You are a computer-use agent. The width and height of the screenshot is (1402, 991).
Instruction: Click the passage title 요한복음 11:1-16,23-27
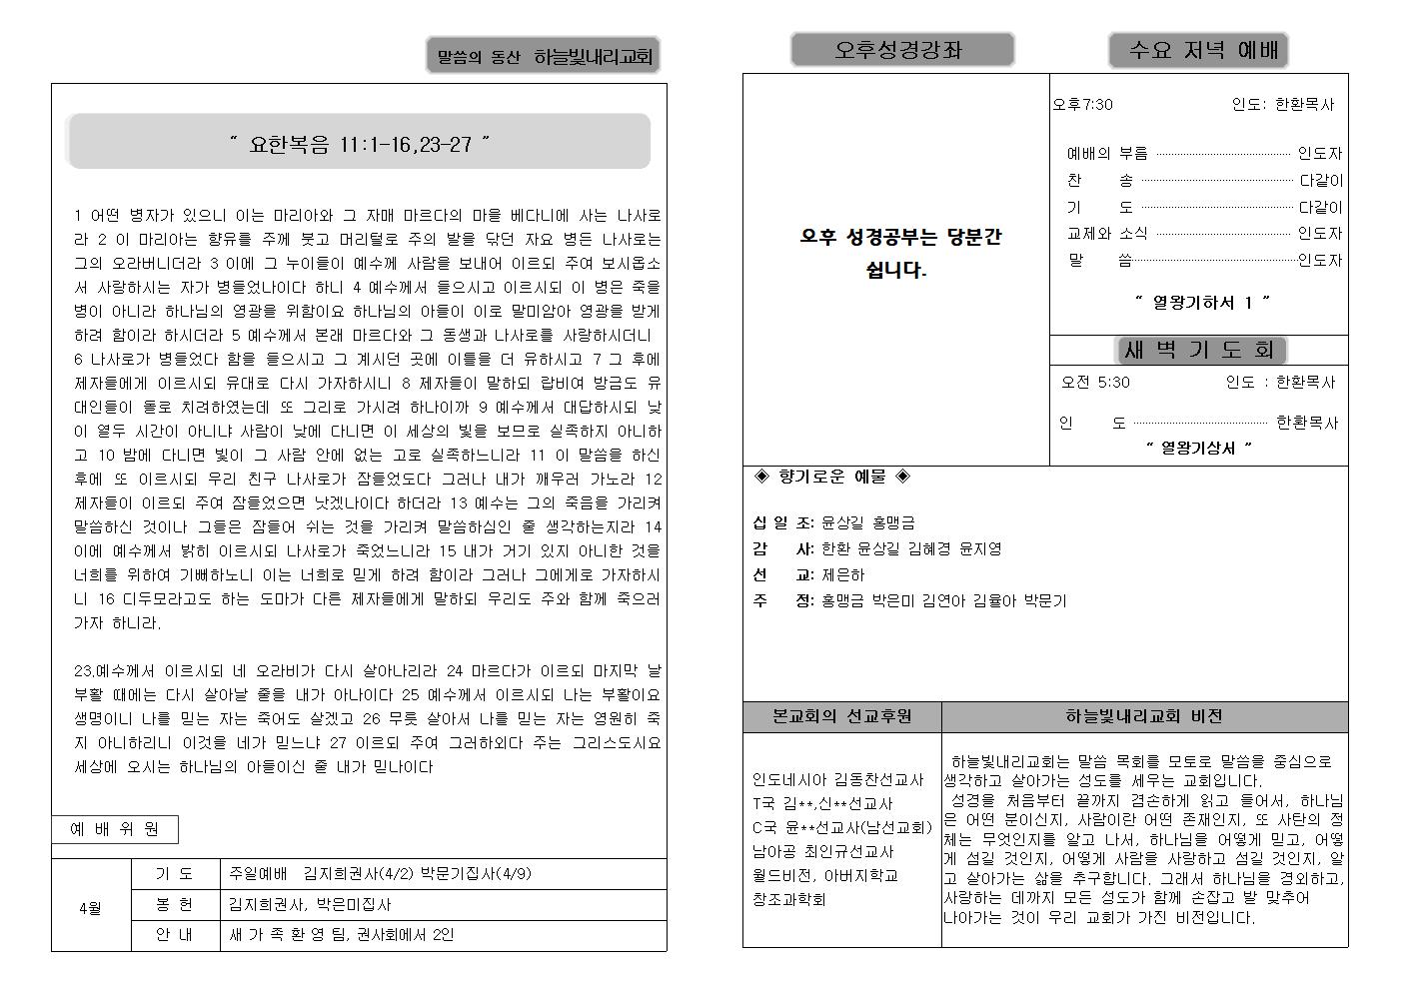click(x=359, y=145)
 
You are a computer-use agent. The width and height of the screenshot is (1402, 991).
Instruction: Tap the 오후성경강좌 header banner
click(x=901, y=50)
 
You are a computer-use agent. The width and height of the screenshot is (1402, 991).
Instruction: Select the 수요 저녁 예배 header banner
click(x=1197, y=50)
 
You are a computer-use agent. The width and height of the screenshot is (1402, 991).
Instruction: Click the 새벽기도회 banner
click(x=1200, y=351)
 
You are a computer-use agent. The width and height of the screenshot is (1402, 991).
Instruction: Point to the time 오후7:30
click(x=1082, y=105)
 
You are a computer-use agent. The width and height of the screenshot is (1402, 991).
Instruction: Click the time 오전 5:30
click(x=1095, y=383)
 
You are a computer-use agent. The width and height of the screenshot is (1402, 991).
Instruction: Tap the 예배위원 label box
click(x=114, y=829)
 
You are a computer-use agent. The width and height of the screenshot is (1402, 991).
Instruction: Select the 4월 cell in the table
click(x=91, y=909)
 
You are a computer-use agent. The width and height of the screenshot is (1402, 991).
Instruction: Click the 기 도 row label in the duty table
click(x=175, y=874)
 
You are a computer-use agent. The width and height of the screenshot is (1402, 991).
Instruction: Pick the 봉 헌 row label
click(x=175, y=904)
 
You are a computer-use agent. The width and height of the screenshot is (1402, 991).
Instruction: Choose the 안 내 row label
click(x=175, y=935)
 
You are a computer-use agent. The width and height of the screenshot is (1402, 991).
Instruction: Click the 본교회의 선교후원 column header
click(x=841, y=717)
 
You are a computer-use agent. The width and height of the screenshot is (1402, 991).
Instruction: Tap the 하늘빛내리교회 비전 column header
click(x=1144, y=717)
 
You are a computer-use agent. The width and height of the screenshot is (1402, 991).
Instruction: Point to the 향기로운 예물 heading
click(x=831, y=478)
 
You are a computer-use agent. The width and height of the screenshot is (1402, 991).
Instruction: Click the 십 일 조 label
click(x=782, y=522)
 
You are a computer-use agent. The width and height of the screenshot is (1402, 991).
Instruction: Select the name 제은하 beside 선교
click(x=843, y=575)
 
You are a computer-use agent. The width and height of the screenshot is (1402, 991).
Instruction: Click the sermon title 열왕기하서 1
click(x=1201, y=302)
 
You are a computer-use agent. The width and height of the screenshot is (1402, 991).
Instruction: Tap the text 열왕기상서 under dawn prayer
click(x=1198, y=449)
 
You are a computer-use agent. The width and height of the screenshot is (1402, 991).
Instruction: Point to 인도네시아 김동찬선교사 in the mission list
click(x=837, y=780)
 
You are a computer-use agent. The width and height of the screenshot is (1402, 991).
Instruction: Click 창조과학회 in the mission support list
click(x=789, y=900)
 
